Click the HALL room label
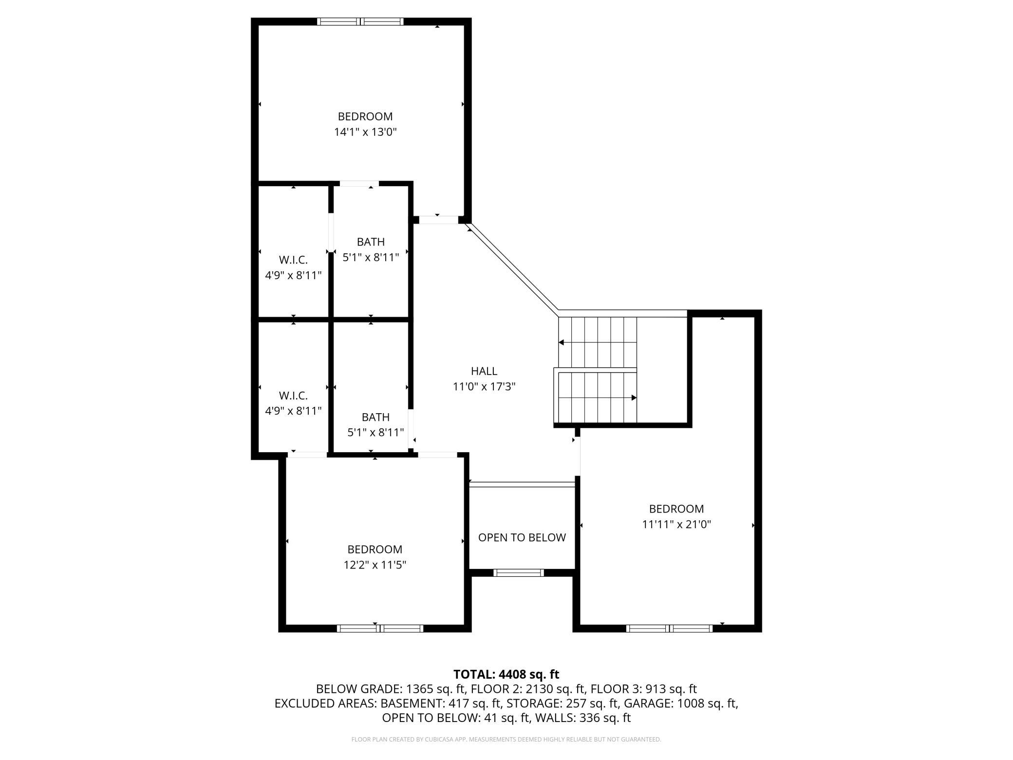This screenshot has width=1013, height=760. (484, 371)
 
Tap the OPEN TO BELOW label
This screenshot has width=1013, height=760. (522, 537)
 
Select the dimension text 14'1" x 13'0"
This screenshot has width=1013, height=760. (365, 132)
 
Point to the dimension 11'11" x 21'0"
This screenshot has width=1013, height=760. (676, 525)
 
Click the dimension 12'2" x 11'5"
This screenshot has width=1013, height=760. (375, 565)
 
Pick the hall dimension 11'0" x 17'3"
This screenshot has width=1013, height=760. (484, 387)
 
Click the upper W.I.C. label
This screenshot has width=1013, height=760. (293, 260)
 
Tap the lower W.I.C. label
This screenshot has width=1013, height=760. (293, 396)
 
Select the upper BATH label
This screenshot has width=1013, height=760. (371, 242)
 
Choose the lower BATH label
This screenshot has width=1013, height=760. (375, 418)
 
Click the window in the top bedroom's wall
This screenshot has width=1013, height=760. (360, 21)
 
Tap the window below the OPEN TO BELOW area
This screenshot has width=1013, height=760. (518, 573)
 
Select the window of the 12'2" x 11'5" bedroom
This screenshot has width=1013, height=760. (380, 628)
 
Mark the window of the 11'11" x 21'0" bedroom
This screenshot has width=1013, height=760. (669, 628)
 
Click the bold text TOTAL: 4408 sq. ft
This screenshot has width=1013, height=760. (506, 675)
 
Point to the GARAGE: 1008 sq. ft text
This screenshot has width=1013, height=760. (681, 703)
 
